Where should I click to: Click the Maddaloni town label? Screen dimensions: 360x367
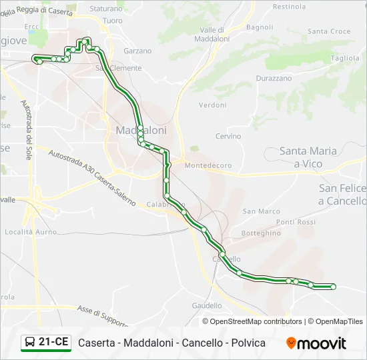tap(141, 131)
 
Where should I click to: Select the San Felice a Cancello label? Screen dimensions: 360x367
tap(342, 195)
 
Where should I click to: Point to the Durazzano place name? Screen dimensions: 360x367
tap(274, 78)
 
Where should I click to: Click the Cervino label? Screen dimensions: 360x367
tap(228, 137)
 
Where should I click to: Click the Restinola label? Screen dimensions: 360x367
tap(289, 7)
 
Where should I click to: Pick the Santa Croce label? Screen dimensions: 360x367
tap(329, 31)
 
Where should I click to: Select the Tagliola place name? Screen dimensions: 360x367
tap(345, 58)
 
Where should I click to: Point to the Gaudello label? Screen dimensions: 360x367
tap(207, 305)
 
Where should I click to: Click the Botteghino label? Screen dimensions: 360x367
tap(261, 233)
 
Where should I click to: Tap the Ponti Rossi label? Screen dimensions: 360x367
tap(296, 222)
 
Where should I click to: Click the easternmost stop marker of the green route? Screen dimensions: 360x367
tap(333, 287)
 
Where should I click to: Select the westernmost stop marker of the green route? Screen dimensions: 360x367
tap(35, 59)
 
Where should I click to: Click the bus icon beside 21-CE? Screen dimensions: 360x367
tap(30, 343)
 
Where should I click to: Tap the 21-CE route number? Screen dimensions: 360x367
tap(53, 343)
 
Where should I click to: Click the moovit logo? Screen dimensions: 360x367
tap(316, 343)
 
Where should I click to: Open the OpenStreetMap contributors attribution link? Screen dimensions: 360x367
tap(256, 321)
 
